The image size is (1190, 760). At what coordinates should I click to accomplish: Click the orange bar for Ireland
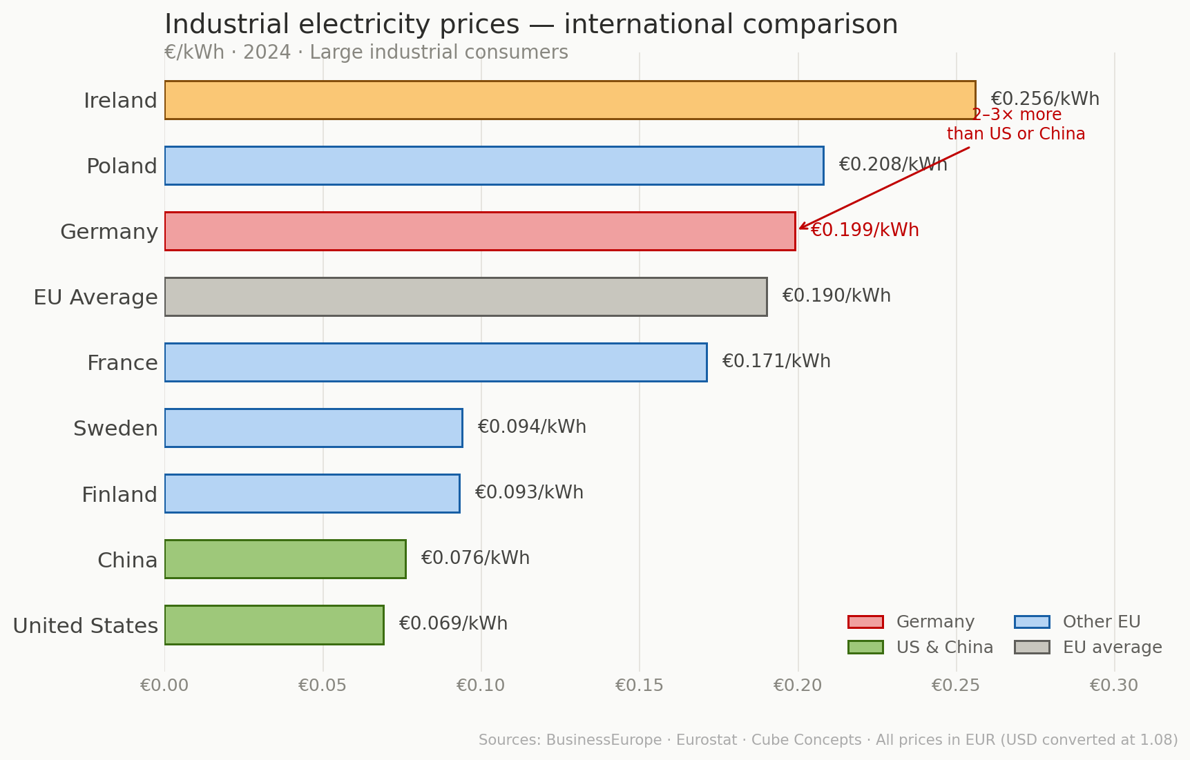(x=570, y=100)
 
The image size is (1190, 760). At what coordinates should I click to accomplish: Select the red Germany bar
(x=480, y=231)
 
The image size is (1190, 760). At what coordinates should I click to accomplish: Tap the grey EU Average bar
(x=466, y=297)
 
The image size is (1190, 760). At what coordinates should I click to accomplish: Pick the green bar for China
(x=285, y=559)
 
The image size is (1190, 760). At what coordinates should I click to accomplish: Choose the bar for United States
(x=274, y=625)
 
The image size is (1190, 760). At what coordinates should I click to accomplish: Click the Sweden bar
(x=314, y=428)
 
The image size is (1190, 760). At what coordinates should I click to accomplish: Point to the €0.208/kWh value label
(x=892, y=165)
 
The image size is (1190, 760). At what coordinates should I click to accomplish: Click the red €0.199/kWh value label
(x=865, y=231)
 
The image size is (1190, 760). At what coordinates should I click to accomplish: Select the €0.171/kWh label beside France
(x=776, y=362)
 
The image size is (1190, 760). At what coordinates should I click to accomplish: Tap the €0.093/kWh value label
(x=529, y=493)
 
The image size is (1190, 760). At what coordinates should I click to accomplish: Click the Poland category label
(x=122, y=166)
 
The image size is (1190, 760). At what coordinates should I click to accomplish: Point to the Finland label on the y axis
(x=119, y=495)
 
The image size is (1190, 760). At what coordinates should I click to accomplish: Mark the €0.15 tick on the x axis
(x=639, y=685)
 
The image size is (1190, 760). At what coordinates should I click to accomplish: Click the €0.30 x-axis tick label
(x=1113, y=685)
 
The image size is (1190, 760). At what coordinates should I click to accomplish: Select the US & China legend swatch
(x=865, y=647)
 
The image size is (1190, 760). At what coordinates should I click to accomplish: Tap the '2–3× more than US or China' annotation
(x=1016, y=125)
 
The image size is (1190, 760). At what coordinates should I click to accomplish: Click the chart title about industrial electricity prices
(x=530, y=25)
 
